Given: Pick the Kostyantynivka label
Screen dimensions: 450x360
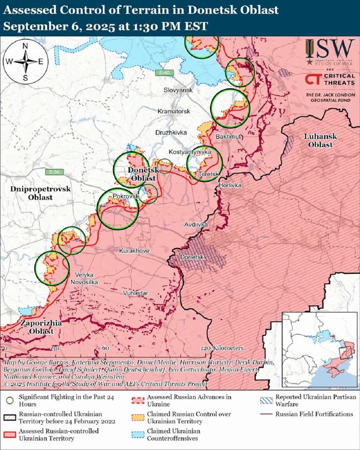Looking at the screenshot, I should click(x=190, y=153).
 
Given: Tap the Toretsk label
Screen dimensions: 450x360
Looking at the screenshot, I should click(x=208, y=174).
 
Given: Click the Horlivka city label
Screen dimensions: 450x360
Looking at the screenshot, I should click(x=230, y=185).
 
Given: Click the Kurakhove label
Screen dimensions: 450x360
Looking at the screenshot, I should click(x=134, y=251).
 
